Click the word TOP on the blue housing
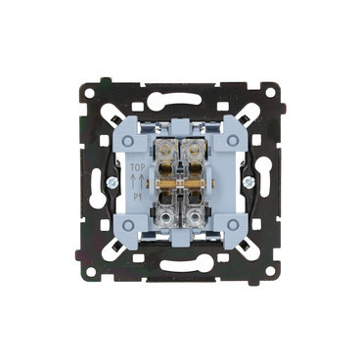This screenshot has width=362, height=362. (x=137, y=168)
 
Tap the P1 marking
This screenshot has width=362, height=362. (x=137, y=198)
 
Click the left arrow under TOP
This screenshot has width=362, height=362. (x=133, y=181)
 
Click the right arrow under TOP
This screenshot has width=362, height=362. (x=141, y=181)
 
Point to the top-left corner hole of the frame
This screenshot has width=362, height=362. (x=89, y=93)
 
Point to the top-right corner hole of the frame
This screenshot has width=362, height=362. (x=270, y=93)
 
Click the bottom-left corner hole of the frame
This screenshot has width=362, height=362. (x=91, y=271)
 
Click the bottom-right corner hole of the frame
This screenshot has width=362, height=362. (x=270, y=270)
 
